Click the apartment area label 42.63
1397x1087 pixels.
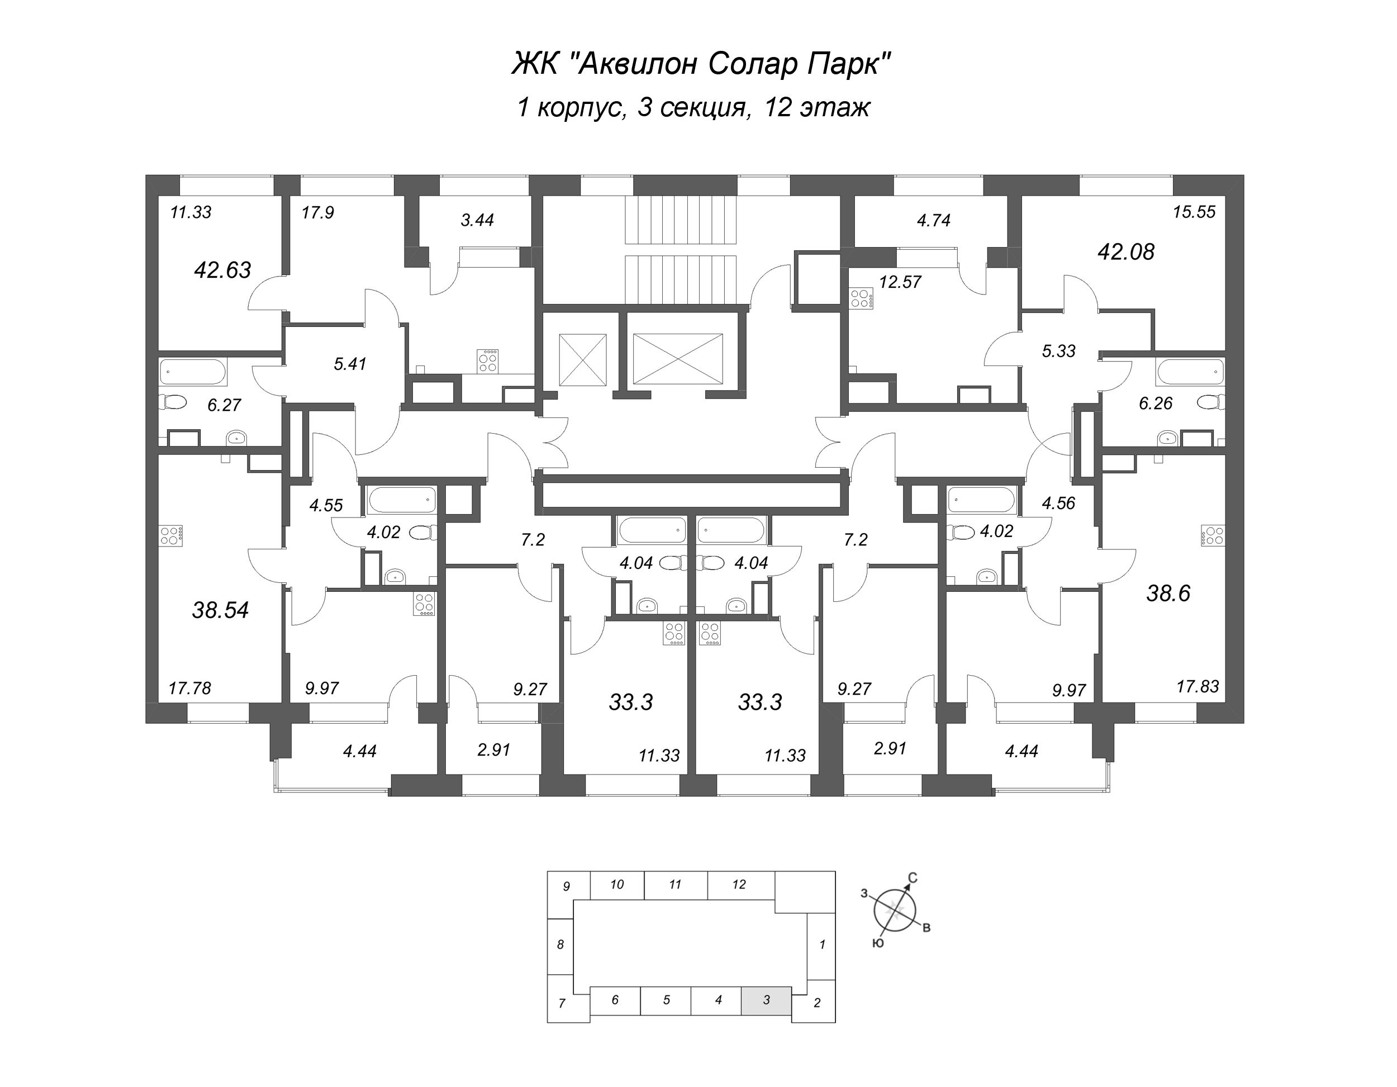(222, 270)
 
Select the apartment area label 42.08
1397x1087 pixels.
(1126, 252)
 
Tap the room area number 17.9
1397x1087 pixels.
(317, 212)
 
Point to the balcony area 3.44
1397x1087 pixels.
(477, 220)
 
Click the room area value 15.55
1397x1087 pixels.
(1194, 212)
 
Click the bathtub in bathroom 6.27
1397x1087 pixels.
(193, 372)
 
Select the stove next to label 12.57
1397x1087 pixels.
(861, 299)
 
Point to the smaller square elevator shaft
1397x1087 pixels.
(582, 359)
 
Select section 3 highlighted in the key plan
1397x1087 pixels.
(766, 1000)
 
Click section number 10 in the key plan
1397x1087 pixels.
(616, 885)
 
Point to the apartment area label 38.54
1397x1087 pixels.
(220, 610)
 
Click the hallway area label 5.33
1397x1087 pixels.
(1058, 351)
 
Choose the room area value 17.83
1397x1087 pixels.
(1198, 686)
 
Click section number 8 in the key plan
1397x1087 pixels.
(560, 944)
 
